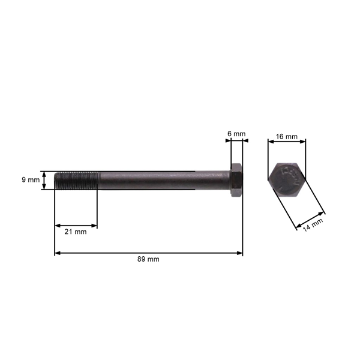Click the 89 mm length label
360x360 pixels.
pos(148,260)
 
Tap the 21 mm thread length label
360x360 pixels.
pos(76,232)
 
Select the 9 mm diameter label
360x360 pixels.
pos(30,179)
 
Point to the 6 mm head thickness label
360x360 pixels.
pos(236,133)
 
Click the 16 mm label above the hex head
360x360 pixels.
pos(287,137)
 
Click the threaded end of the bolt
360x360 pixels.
pos(74,181)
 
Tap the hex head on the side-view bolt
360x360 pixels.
pos(236,181)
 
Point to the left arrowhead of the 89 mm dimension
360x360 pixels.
pos(57,253)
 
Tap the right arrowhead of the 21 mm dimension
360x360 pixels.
pos(95,226)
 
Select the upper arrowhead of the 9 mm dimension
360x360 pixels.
pos(44,173)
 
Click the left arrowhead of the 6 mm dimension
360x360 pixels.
pos(227,142)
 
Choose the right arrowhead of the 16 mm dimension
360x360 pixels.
pos(304,142)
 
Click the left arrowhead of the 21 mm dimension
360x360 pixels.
pos(57,226)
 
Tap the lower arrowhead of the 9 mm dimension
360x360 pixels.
pos(44,188)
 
